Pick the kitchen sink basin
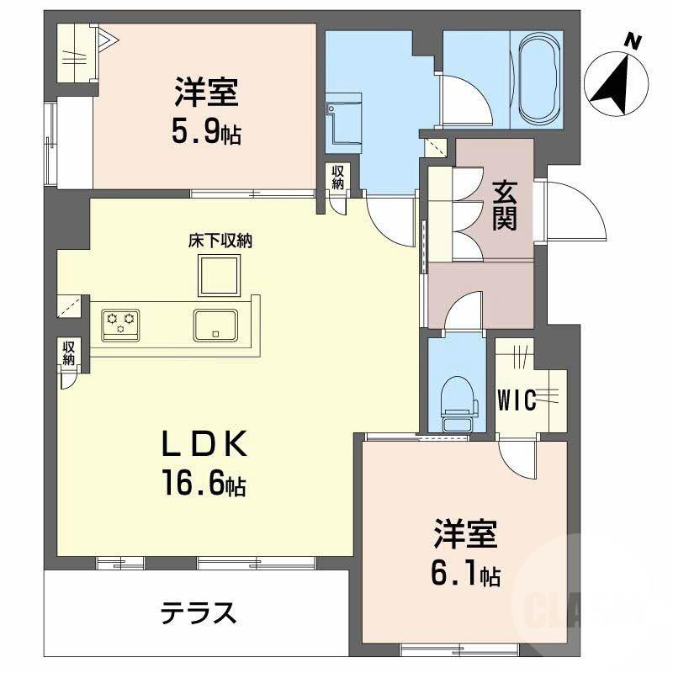coord(216,323)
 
